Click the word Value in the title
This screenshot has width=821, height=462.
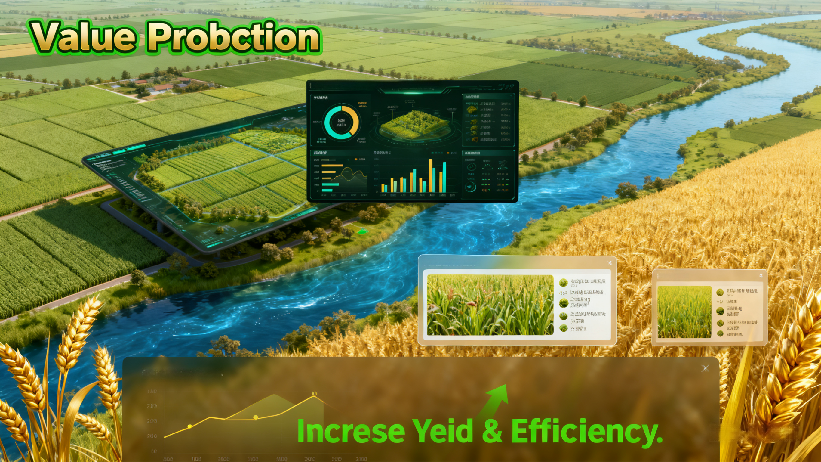pos(85,37)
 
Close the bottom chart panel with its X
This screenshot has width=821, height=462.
pos(705,368)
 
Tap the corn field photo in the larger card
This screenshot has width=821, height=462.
pos(490,305)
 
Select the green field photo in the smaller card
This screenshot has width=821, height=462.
pos(684,312)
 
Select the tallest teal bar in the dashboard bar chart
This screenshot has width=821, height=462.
pos(444,177)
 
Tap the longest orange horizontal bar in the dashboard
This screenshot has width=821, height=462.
pos(332,166)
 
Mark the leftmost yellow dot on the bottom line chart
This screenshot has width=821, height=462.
pos(190,426)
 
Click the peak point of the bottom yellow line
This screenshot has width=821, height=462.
pos(314,397)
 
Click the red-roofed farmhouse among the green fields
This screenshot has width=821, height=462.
pos(162,87)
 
